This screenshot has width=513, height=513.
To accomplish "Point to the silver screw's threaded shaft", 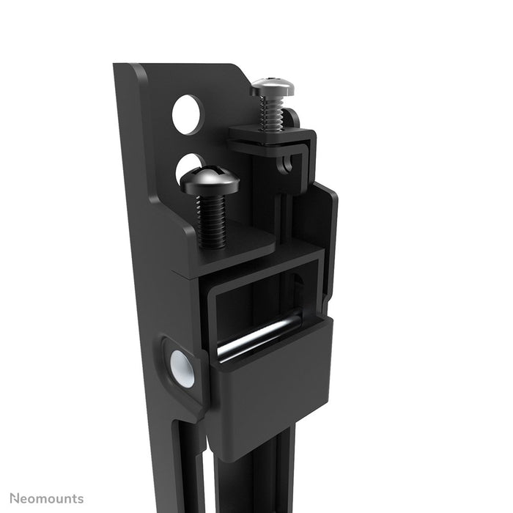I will pyautogui.click(x=273, y=114).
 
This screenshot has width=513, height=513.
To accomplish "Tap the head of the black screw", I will pyautogui.click(x=210, y=180).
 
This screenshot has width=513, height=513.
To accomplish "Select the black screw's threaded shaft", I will pyautogui.click(x=212, y=220).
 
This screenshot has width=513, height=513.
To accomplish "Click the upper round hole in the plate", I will pyautogui.click(x=187, y=114).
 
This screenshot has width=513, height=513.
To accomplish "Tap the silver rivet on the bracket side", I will pyautogui.click(x=182, y=368).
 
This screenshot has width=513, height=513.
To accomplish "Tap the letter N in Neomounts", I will pyautogui.click(x=6, y=499).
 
